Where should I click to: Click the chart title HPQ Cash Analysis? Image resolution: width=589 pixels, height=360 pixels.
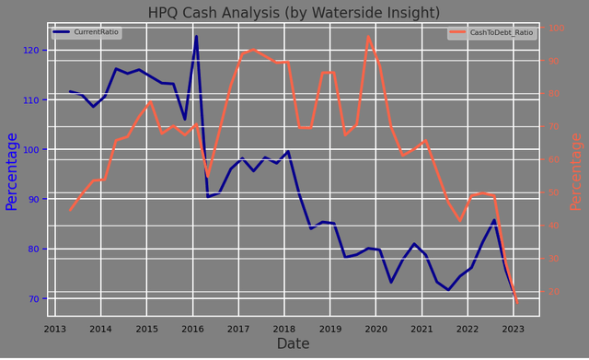(294, 12)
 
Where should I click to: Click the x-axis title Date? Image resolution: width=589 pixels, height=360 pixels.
(294, 344)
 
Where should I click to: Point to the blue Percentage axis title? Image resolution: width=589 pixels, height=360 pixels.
(12, 171)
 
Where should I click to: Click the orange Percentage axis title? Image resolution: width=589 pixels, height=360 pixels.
(576, 171)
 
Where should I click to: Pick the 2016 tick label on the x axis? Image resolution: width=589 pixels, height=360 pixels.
(192, 329)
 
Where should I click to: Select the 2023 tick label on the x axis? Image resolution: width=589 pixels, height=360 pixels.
(514, 329)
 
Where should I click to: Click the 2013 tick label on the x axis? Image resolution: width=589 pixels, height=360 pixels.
(55, 329)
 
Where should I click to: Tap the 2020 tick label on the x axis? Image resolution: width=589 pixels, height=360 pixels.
(375, 329)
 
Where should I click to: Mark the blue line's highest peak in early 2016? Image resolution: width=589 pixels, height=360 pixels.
(196, 37)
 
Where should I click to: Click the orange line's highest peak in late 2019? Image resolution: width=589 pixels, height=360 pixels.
(368, 37)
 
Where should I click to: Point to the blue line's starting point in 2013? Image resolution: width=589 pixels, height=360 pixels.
(70, 91)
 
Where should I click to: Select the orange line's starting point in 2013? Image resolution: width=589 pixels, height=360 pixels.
(70, 211)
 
